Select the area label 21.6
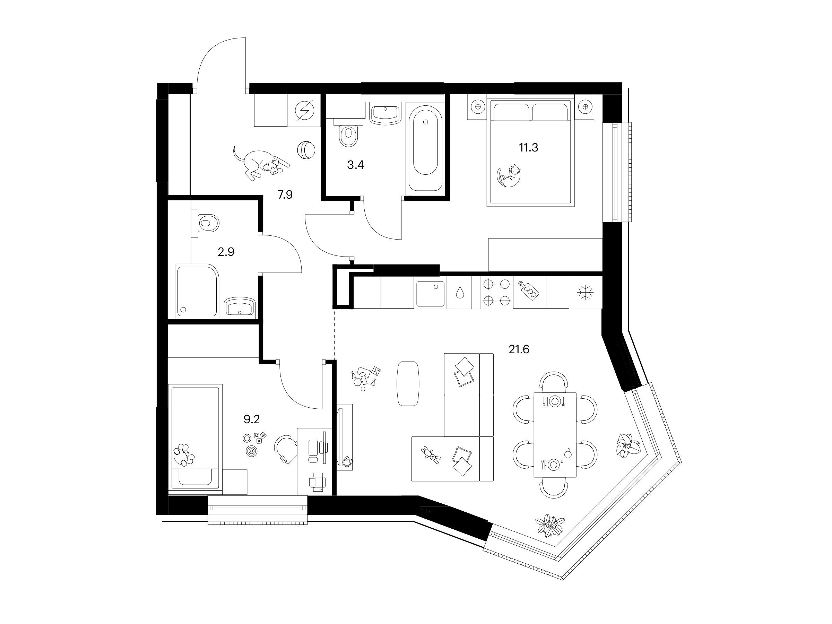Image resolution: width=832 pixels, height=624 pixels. [519, 350]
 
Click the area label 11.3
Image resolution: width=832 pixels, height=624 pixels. [528, 147]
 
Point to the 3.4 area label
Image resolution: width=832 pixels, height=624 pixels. [355, 165]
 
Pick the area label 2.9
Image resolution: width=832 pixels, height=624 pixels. [226, 252]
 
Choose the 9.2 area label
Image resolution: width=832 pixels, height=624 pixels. [252, 419]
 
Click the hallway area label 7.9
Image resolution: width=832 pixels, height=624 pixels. [285, 195]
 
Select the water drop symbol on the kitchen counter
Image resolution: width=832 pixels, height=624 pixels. [459, 292]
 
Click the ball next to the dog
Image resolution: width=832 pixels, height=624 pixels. [306, 150]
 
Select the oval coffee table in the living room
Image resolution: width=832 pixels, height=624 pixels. [408, 383]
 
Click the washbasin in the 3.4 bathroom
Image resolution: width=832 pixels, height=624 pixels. [384, 115]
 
